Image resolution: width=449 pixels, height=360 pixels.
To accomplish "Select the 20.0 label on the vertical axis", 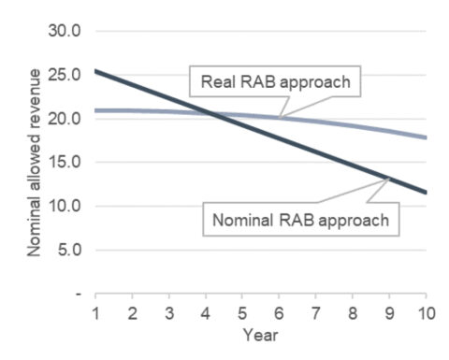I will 67,118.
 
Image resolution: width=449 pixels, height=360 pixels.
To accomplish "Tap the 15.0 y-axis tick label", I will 67,162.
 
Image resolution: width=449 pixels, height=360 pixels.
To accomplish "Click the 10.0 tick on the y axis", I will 67,206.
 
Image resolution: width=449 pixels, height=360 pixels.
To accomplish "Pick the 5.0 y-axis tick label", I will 71,250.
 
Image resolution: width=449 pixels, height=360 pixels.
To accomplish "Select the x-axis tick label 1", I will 95,310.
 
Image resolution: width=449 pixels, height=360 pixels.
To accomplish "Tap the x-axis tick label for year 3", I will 168,310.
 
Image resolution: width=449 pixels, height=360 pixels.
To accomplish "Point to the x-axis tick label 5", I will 242,310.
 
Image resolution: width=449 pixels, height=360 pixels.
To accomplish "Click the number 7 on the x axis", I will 316,310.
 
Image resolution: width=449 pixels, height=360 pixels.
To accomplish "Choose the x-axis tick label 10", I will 424,310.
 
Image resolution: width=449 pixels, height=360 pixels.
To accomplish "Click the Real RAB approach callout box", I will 275,81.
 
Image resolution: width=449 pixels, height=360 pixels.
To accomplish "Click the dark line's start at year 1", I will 95,70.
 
